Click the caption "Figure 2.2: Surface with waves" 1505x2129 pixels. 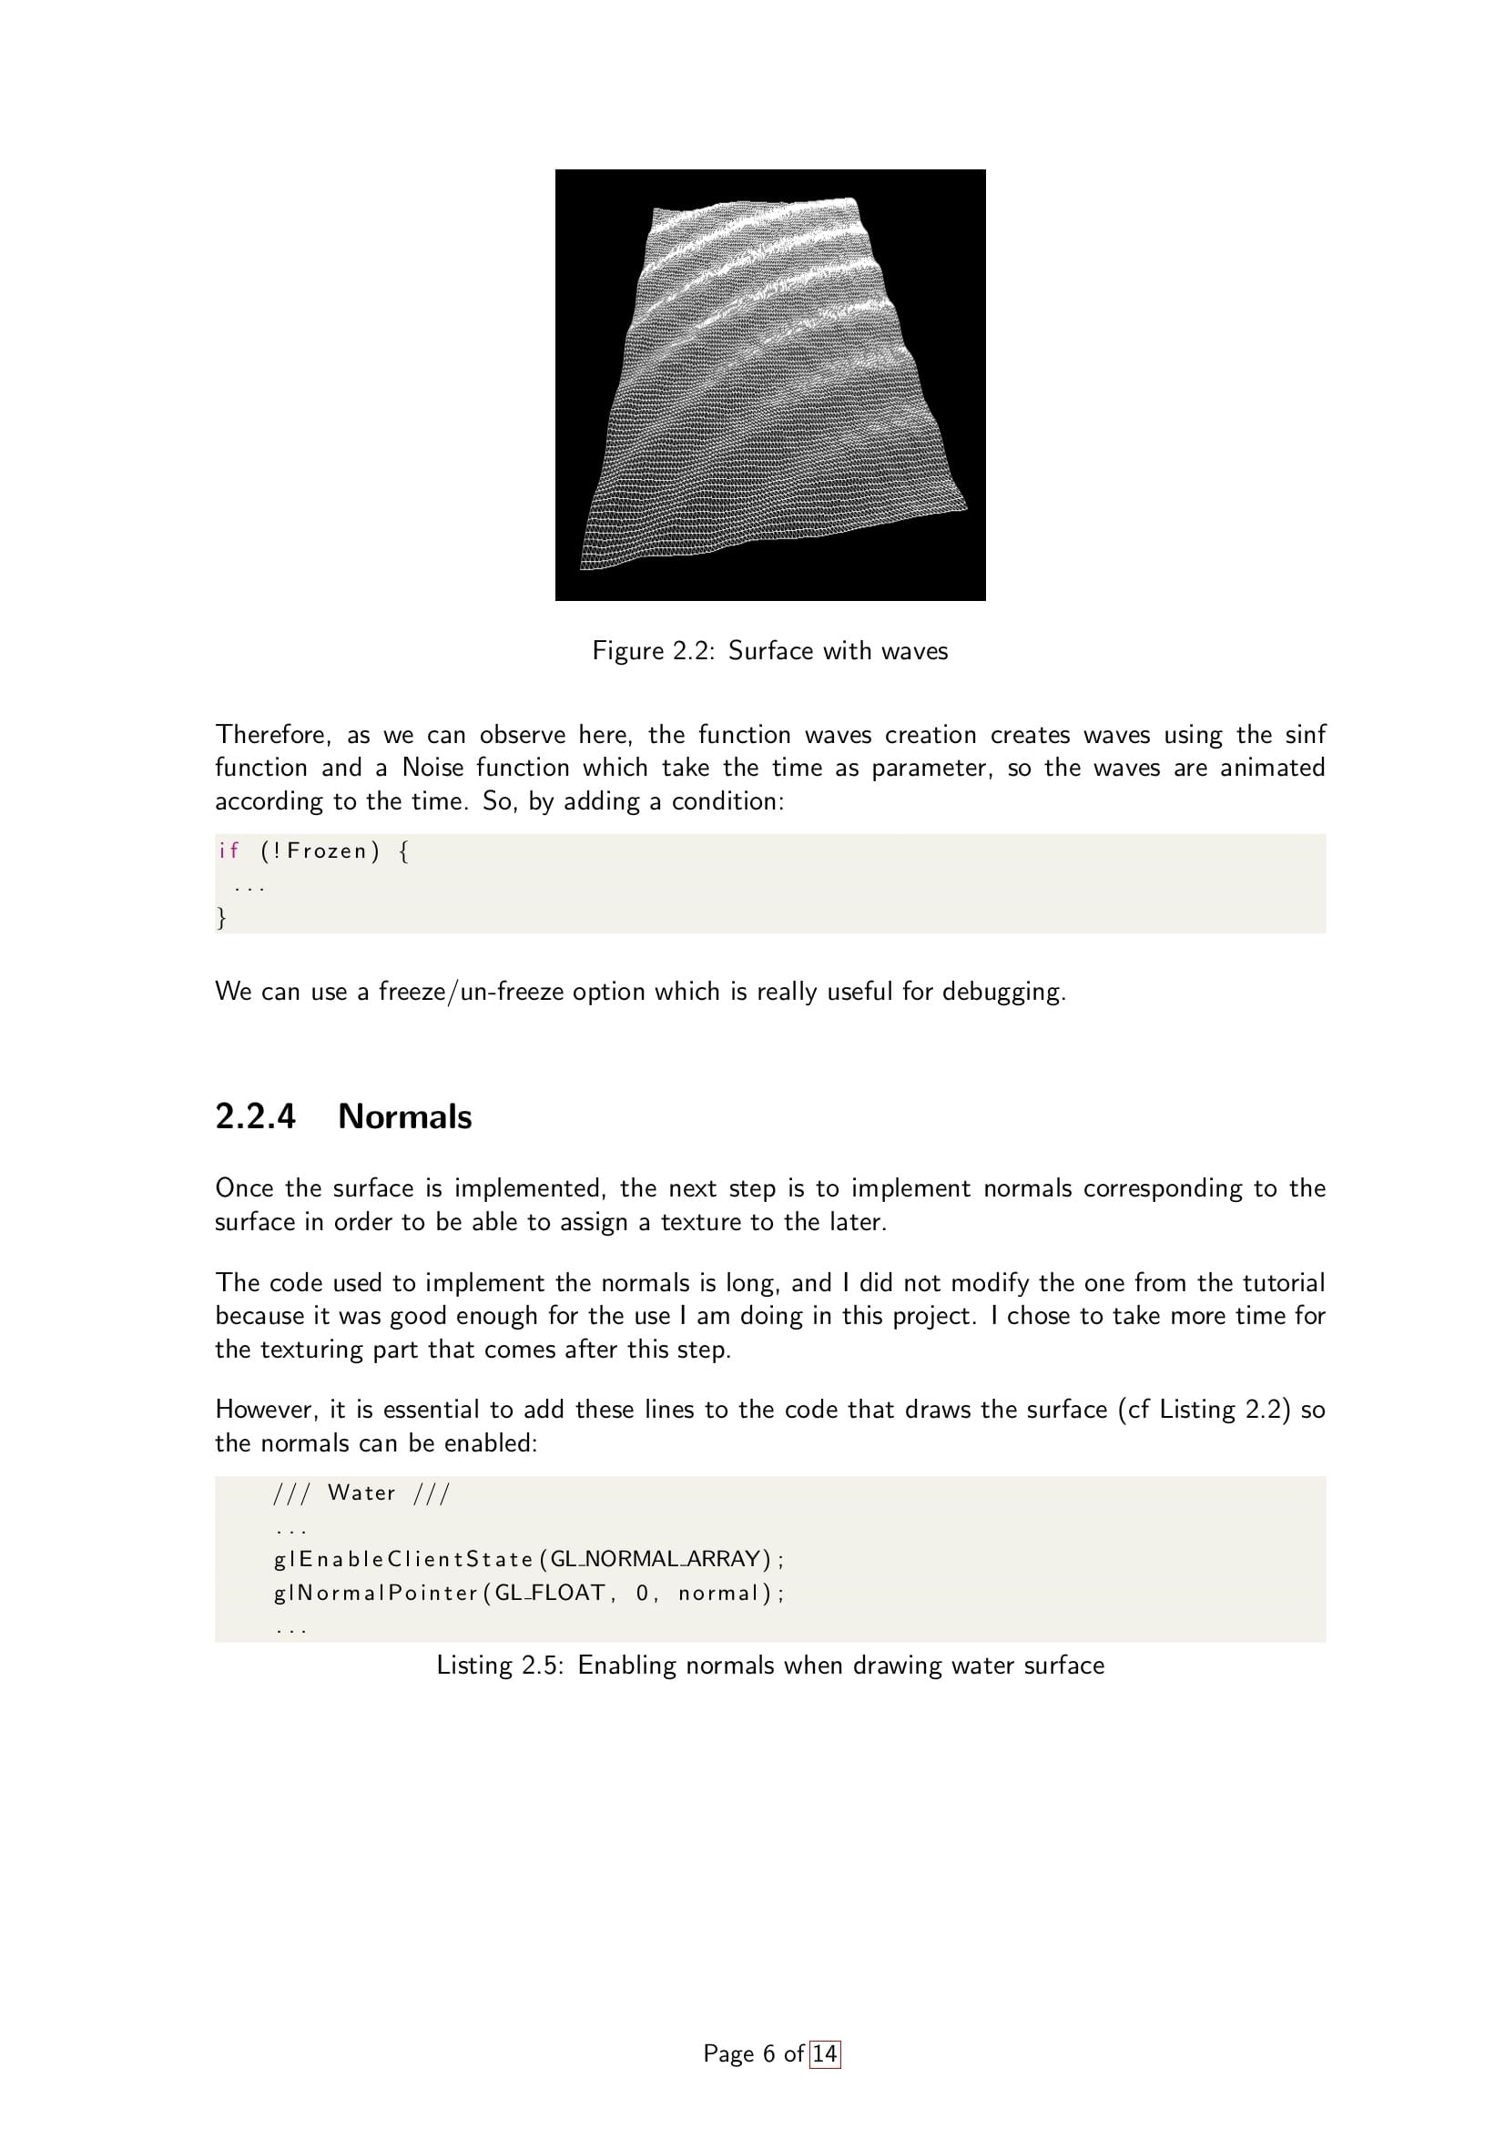point(769,651)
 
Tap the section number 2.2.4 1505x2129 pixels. point(255,1116)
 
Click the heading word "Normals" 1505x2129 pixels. point(405,1116)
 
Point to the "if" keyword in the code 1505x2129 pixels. point(229,851)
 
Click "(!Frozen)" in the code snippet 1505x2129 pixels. point(320,851)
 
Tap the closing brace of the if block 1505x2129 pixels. point(221,917)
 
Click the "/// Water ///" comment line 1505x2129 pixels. point(361,1492)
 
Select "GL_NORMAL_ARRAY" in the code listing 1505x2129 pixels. point(655,1559)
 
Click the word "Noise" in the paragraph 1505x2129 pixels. point(432,768)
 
